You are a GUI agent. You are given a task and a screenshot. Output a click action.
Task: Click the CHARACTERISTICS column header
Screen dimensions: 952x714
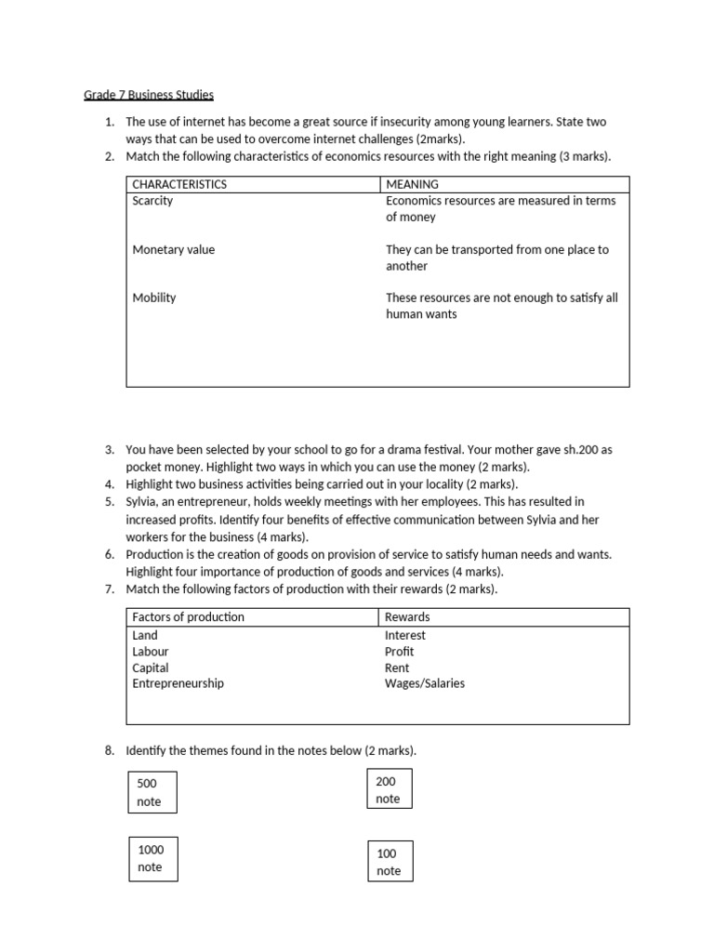(179, 184)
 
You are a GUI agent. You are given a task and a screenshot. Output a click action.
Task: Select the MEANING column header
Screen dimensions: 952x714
(412, 184)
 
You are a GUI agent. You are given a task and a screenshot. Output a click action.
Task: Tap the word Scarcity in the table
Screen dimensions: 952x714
(152, 201)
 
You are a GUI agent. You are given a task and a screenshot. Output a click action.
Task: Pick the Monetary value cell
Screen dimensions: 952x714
(173, 249)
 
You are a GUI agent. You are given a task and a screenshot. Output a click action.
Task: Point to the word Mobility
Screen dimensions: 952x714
(154, 297)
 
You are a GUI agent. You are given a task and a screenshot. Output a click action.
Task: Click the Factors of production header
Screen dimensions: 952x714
(189, 616)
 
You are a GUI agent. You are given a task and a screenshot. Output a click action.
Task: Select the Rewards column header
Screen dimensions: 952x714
(407, 616)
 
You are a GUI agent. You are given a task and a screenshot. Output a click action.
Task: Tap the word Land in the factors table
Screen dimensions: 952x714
(145, 635)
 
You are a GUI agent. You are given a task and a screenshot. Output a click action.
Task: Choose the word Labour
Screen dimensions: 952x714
(151, 652)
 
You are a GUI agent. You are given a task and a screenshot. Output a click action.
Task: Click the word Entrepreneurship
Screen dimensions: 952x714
(178, 683)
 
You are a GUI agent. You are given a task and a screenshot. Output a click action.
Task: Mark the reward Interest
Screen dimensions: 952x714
(405, 635)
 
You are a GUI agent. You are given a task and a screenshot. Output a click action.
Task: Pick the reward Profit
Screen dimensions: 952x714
(400, 652)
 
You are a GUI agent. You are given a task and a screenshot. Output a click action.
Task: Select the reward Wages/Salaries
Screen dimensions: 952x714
(425, 683)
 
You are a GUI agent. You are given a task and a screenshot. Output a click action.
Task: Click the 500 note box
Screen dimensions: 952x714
(151, 792)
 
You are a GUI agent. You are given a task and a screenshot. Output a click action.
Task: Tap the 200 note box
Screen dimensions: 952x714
(389, 789)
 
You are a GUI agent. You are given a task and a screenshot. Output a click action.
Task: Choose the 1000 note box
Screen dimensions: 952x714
(152, 857)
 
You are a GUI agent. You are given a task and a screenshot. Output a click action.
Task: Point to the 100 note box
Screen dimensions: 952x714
(390, 861)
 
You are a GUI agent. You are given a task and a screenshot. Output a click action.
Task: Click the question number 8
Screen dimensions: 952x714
(108, 750)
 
